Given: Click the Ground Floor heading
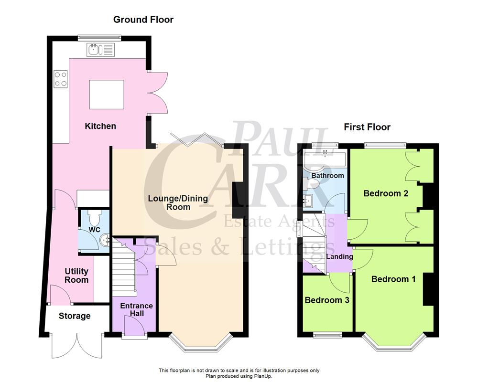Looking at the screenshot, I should (x=143, y=20).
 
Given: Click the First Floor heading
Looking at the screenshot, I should (x=367, y=127).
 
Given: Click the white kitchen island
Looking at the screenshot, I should (x=107, y=95).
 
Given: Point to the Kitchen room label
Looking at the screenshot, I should (x=100, y=126).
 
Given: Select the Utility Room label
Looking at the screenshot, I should (x=76, y=275).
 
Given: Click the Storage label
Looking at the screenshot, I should (x=75, y=316).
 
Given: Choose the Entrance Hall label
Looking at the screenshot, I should (x=136, y=309).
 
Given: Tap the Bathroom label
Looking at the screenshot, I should (x=327, y=175).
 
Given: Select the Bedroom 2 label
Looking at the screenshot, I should (x=385, y=193).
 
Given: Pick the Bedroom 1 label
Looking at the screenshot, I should (x=393, y=279).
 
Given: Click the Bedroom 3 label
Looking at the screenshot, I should (x=327, y=300).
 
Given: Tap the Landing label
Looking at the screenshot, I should (x=339, y=256).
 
